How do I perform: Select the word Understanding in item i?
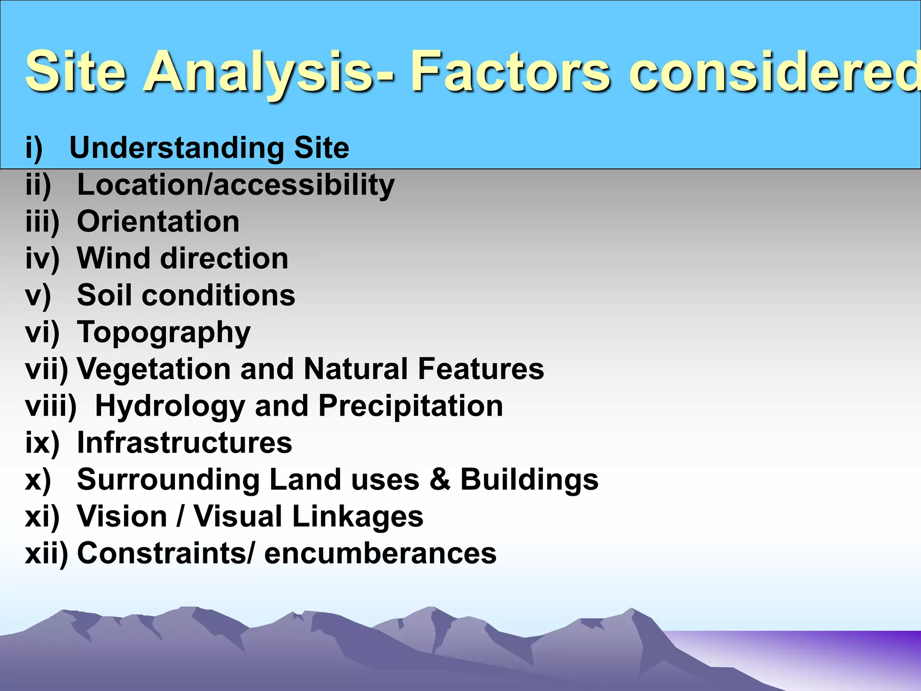177,148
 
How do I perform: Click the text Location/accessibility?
236,185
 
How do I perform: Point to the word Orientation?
158,222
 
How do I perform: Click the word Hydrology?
170,406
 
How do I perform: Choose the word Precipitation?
411,406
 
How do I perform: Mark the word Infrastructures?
184,443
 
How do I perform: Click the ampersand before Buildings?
440,480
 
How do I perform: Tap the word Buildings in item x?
529,480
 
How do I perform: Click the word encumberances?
380,553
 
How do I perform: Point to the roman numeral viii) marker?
51,406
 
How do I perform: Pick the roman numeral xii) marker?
46,553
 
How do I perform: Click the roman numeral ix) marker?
42,443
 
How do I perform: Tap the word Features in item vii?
481,369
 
